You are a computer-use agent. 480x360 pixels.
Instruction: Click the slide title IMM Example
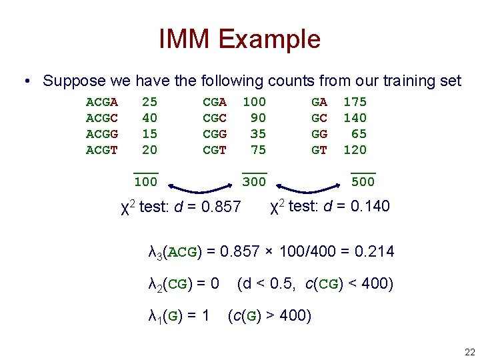click(x=240, y=39)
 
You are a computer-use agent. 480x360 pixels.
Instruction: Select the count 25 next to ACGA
click(x=149, y=103)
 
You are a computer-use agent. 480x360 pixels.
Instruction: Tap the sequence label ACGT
click(x=102, y=151)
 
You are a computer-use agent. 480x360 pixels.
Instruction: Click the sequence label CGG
click(x=215, y=135)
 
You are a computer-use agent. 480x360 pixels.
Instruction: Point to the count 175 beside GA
click(x=355, y=103)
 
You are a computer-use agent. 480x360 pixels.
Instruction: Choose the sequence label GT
click(x=319, y=151)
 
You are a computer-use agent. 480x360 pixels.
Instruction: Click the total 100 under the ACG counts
click(x=145, y=182)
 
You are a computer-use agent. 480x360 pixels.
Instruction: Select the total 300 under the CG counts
click(x=253, y=182)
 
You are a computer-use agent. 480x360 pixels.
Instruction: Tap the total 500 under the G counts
click(x=363, y=182)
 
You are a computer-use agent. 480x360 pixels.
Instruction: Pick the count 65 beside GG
click(x=359, y=135)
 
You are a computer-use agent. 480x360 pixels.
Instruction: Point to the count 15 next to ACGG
click(x=149, y=135)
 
